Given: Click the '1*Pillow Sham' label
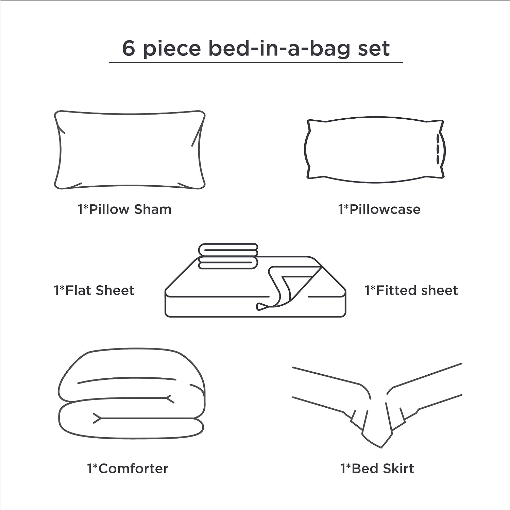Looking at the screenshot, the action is pos(124,209).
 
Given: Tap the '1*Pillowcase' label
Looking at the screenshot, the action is pos(379,209).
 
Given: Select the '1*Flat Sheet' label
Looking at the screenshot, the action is pos(94,290).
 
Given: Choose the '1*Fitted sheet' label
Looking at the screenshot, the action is pos(411,290).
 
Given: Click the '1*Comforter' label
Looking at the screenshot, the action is pos(128,469).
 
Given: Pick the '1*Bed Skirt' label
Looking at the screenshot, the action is pos(377,469).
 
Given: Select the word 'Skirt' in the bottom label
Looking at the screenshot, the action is pos(398,469).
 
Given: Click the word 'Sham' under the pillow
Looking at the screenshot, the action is pos(153,209).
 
